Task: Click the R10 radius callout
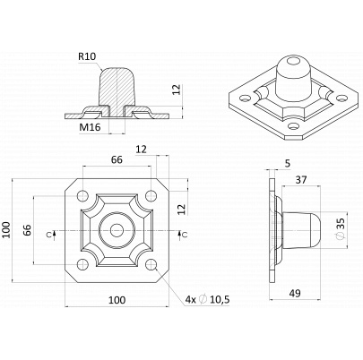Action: pyautogui.click(x=87, y=56)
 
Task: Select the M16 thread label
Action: pyautogui.click(x=90, y=127)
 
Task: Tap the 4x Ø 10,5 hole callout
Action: pyautogui.click(x=207, y=299)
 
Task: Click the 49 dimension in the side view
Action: pyautogui.click(x=295, y=294)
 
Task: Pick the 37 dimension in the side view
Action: pyautogui.click(x=301, y=180)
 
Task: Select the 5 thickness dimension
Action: pyautogui.click(x=288, y=163)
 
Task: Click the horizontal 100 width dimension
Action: pyautogui.click(x=117, y=300)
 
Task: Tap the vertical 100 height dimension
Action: pyautogui.click(x=6, y=230)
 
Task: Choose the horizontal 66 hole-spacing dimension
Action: pyautogui.click(x=117, y=159)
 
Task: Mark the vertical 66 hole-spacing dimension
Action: pyautogui.click(x=27, y=230)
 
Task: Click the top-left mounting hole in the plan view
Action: pyautogui.click(x=82, y=196)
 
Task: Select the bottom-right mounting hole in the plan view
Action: pyautogui.click(x=151, y=264)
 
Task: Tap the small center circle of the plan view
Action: pyautogui.click(x=117, y=230)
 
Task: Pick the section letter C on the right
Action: pyautogui.click(x=185, y=236)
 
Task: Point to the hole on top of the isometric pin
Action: pyautogui.click(x=293, y=62)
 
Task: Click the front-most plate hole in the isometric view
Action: pyautogui.click(x=294, y=127)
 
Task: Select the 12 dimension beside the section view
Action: pyautogui.click(x=177, y=90)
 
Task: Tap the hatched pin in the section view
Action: pyautogui.click(x=117, y=92)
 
